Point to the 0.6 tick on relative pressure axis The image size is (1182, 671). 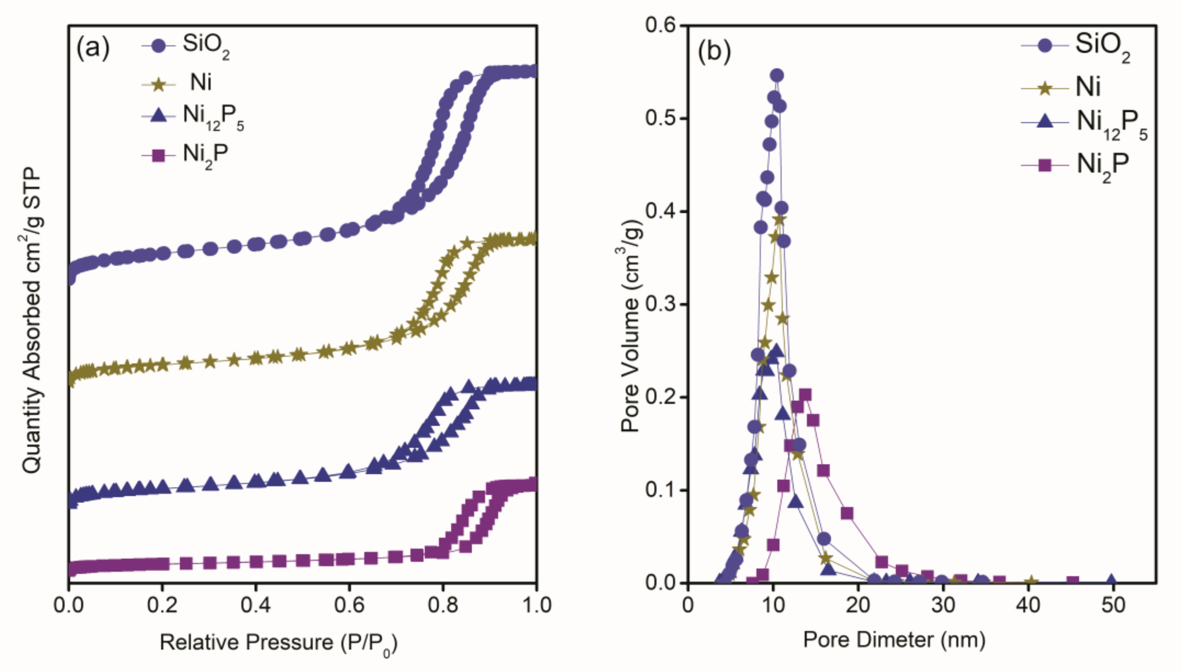click(349, 604)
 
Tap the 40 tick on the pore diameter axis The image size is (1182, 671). click(1028, 604)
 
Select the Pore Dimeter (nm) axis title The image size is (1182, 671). click(894, 640)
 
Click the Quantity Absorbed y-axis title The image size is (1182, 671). click(32, 320)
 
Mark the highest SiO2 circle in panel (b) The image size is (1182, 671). click(777, 75)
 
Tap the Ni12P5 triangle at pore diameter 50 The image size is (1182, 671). click(1111, 580)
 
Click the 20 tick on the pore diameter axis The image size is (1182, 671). click(858, 604)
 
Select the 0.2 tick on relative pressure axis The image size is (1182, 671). click(162, 604)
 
